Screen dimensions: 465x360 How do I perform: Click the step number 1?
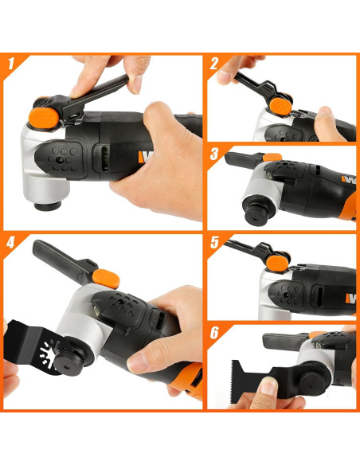click(x=11, y=63)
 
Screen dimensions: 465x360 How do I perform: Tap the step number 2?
click(x=213, y=62)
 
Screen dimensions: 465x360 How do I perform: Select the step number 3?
click(x=213, y=153)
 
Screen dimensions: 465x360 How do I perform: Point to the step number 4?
click(x=11, y=242)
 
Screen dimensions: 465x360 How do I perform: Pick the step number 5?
click(x=213, y=242)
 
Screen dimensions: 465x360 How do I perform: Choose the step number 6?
click(x=213, y=333)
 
